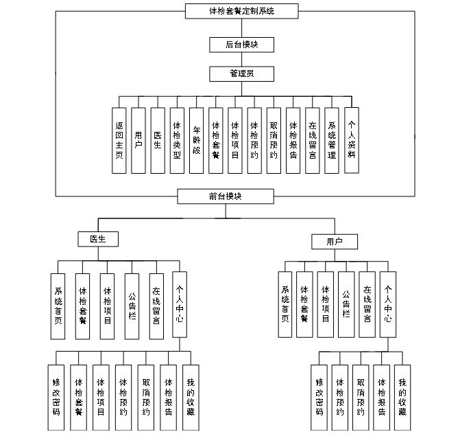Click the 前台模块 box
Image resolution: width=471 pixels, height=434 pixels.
coord(226,196)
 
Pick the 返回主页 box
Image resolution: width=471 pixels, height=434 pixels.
coord(119,140)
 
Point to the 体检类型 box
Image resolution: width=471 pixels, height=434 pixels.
coord(177,140)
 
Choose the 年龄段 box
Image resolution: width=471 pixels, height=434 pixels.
coord(196,140)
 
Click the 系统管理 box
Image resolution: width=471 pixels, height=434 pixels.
coord(332,140)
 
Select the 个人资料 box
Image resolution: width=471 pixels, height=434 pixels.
coord(352,140)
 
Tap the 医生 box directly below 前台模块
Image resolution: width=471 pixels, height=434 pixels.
coord(99,239)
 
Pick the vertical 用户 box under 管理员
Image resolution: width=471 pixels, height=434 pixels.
coord(138,140)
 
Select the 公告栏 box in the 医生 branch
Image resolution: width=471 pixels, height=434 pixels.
coord(132,306)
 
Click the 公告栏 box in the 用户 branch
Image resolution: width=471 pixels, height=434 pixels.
coord(346,304)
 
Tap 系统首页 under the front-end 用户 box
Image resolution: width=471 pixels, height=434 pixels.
coord(285,304)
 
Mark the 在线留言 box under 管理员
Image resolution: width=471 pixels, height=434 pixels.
coord(313,140)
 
